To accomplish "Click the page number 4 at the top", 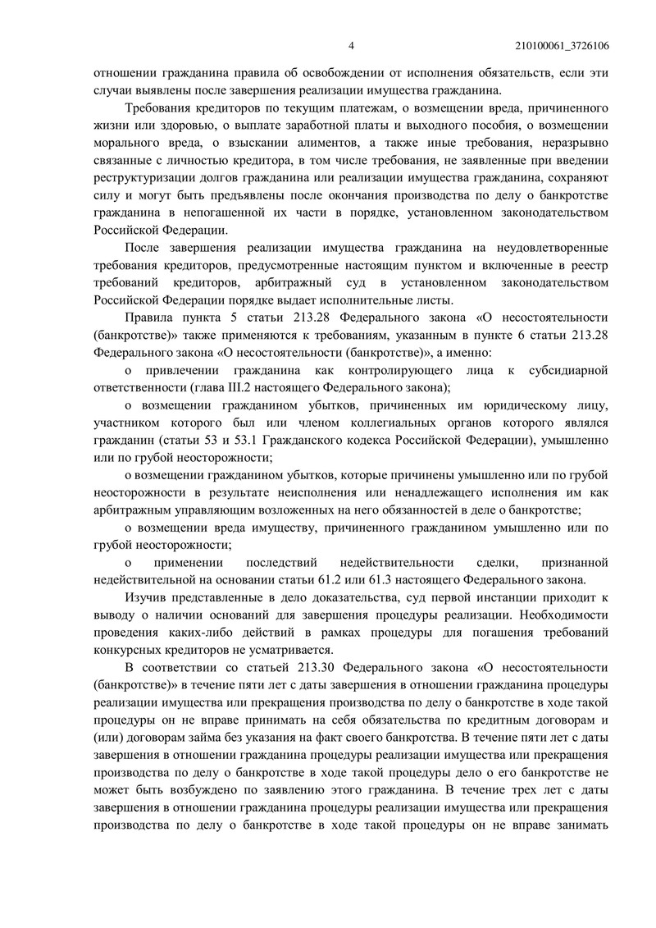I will point(350,45).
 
